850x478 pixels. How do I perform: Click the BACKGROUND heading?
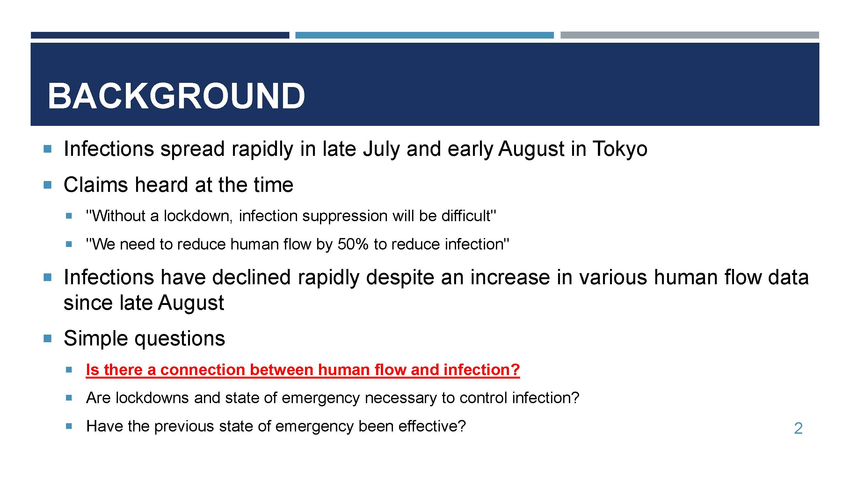click(177, 96)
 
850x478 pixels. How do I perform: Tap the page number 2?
click(798, 429)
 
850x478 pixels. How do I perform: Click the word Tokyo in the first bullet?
click(620, 149)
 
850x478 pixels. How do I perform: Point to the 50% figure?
click(353, 244)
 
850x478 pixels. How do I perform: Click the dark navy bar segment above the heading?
click(160, 35)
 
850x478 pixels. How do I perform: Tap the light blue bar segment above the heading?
click(424, 35)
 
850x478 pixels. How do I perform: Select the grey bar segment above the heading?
click(690, 35)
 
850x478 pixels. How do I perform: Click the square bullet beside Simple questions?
click(47, 338)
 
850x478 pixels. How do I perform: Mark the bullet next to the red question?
click(69, 370)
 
